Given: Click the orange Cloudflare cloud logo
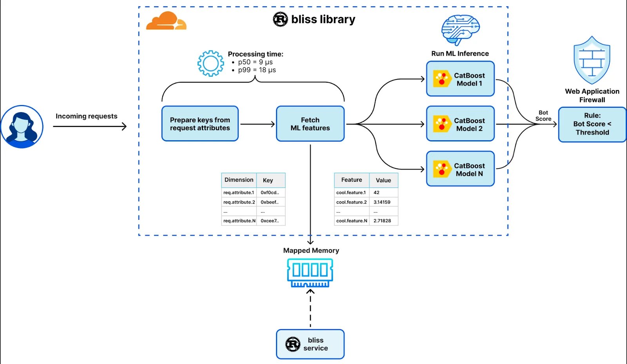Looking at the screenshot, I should coord(166,21).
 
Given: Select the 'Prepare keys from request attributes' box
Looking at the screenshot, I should coord(200,124).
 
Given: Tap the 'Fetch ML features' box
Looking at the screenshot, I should coord(310,124).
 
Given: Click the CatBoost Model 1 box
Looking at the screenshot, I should coord(460,79).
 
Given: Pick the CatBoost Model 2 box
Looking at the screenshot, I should coord(460,124).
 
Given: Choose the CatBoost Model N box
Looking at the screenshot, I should coord(460,169).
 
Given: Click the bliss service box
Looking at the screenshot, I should coord(310,344).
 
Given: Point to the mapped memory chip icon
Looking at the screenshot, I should coord(310,272).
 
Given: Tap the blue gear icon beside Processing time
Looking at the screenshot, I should coord(210,63).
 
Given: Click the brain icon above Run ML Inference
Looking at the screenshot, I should coord(460,30).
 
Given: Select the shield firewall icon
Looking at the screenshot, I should coord(592,61).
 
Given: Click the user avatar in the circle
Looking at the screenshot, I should coord(22,127).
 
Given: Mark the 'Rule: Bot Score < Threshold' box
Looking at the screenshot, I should coord(592,124).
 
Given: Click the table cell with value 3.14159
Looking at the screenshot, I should coord(383,202).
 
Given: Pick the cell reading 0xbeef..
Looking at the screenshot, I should coord(270,202).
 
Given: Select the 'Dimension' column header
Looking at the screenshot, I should coord(239,180).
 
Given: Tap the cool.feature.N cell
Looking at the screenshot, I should coord(352,221).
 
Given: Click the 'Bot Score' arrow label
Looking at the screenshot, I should coord(543,116).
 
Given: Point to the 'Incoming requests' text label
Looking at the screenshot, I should coord(86,116).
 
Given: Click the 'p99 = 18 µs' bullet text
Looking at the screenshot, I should coord(257,70).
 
